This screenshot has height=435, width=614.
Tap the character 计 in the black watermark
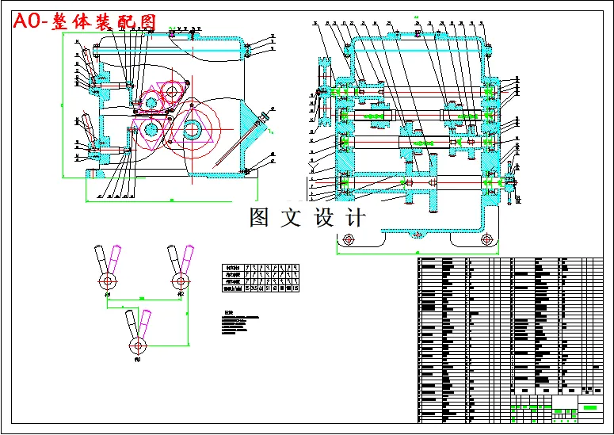coord(354,218)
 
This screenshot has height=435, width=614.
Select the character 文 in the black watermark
coord(290,218)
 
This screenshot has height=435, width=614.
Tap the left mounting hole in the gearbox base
coord(349,238)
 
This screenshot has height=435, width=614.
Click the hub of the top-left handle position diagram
coord(105,280)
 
